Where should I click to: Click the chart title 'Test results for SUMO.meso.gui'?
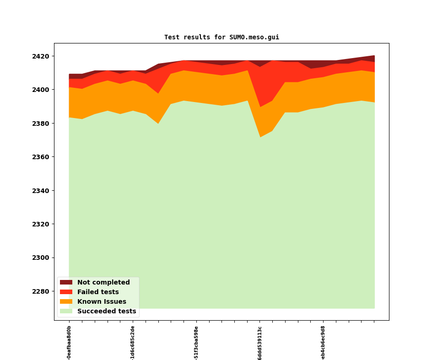(x=221, y=38)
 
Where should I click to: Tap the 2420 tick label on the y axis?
(x=40, y=56)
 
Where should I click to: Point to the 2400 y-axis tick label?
(x=40, y=90)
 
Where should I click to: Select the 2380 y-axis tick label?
(x=40, y=124)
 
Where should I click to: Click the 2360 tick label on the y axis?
(x=40, y=157)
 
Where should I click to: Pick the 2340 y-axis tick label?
(x=40, y=191)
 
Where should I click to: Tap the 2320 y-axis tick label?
(x=40, y=224)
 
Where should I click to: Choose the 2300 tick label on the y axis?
(x=40, y=258)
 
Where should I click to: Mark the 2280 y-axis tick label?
(x=40, y=291)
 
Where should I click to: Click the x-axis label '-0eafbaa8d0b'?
(x=69, y=343)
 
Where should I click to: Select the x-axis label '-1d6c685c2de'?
(x=133, y=343)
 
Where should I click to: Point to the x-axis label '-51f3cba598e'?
(x=196, y=343)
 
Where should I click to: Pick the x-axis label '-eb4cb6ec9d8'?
(x=323, y=343)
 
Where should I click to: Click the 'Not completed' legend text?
(x=103, y=283)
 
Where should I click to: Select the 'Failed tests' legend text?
(x=98, y=292)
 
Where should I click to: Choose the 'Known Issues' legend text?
(x=102, y=302)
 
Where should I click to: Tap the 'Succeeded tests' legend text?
(x=107, y=312)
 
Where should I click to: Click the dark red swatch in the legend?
(x=66, y=283)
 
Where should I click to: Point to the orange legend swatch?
(x=66, y=302)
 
